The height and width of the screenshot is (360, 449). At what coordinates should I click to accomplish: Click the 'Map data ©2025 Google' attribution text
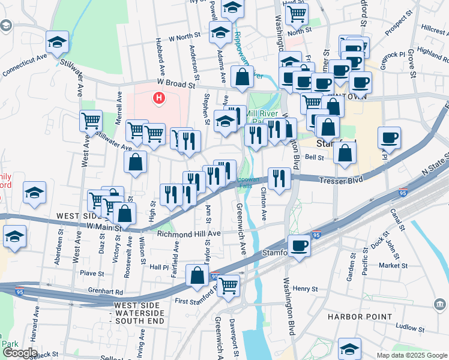point(411,355)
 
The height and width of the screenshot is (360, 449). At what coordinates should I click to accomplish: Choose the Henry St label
point(305,289)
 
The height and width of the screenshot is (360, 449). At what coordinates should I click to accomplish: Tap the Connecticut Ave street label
point(24,65)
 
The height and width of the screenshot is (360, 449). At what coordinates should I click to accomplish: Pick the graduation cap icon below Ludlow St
point(349,348)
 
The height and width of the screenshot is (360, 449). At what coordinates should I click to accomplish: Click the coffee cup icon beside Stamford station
point(299,245)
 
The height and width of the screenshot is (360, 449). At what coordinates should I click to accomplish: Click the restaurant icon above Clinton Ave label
point(279,177)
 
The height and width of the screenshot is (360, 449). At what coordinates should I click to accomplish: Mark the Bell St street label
point(315,158)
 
